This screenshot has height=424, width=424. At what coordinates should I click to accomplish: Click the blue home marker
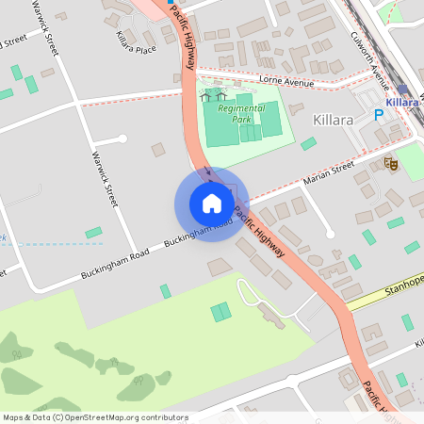pyautogui.click(x=211, y=204)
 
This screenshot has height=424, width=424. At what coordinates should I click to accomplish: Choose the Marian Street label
pyautogui.click(x=328, y=172)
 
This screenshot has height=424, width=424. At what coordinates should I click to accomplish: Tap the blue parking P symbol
pyautogui.click(x=380, y=115)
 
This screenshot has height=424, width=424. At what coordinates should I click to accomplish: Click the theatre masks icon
pyautogui.click(x=391, y=164)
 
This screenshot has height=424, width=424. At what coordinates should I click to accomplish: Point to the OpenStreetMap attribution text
pyautogui.click(x=94, y=416)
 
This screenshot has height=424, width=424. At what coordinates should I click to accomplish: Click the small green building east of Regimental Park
pyautogui.click(x=308, y=143)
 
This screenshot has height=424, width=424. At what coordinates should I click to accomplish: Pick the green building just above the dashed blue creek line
pyautogui.click(x=93, y=232)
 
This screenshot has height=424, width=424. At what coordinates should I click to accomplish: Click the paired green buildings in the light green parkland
pyautogui.click(x=220, y=311)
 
